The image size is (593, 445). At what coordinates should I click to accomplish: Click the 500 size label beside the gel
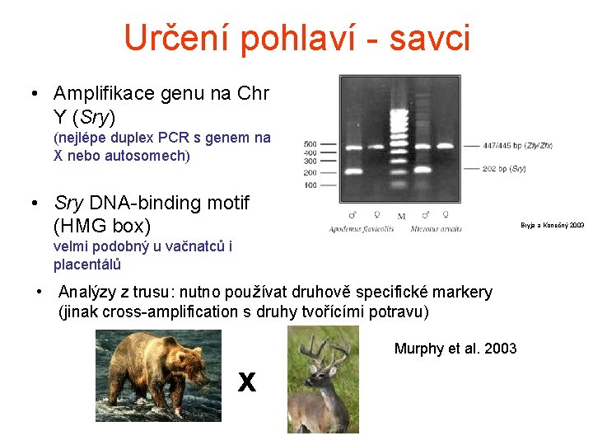(310, 144)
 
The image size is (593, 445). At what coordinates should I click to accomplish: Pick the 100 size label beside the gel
(310, 185)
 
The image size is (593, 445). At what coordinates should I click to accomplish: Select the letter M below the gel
(401, 217)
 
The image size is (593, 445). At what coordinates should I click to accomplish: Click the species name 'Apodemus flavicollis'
(362, 228)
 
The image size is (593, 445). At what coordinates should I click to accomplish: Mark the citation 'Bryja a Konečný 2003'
(552, 225)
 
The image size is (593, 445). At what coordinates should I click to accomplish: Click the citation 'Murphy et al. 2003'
(455, 349)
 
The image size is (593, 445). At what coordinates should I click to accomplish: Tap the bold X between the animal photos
(246, 382)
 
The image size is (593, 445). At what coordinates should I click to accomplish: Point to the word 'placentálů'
(87, 265)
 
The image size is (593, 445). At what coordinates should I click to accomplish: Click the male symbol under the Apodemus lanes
(353, 216)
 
